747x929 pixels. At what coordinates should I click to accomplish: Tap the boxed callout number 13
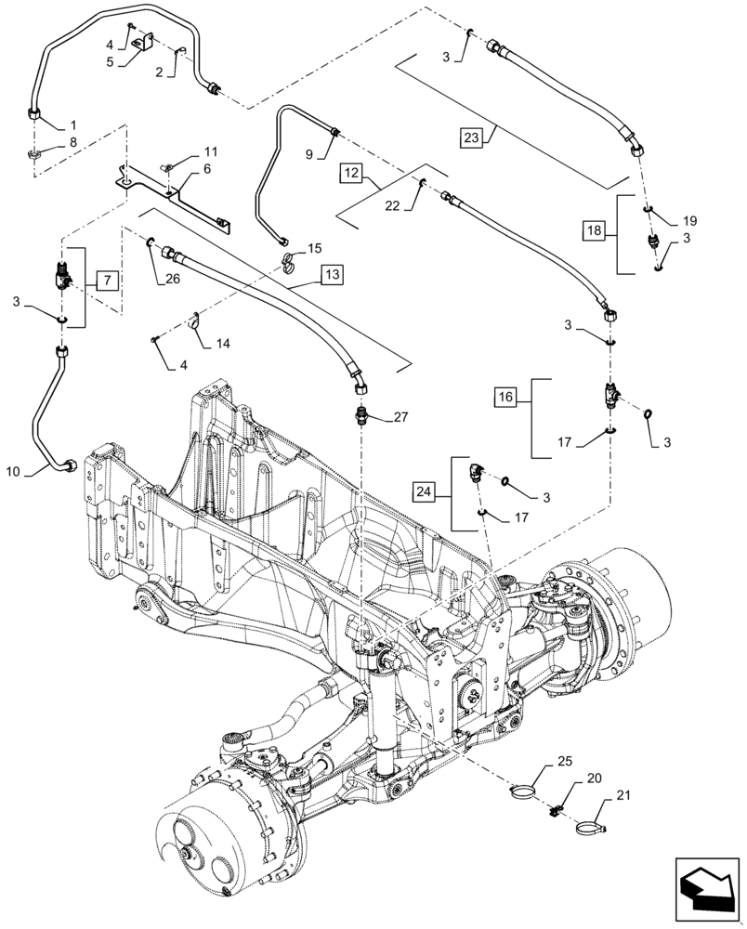pos(333,274)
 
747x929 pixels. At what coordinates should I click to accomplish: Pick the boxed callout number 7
pos(107,280)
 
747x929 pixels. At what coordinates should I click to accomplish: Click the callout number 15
pos(314,249)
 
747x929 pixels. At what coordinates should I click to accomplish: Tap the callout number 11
pos(210,151)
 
